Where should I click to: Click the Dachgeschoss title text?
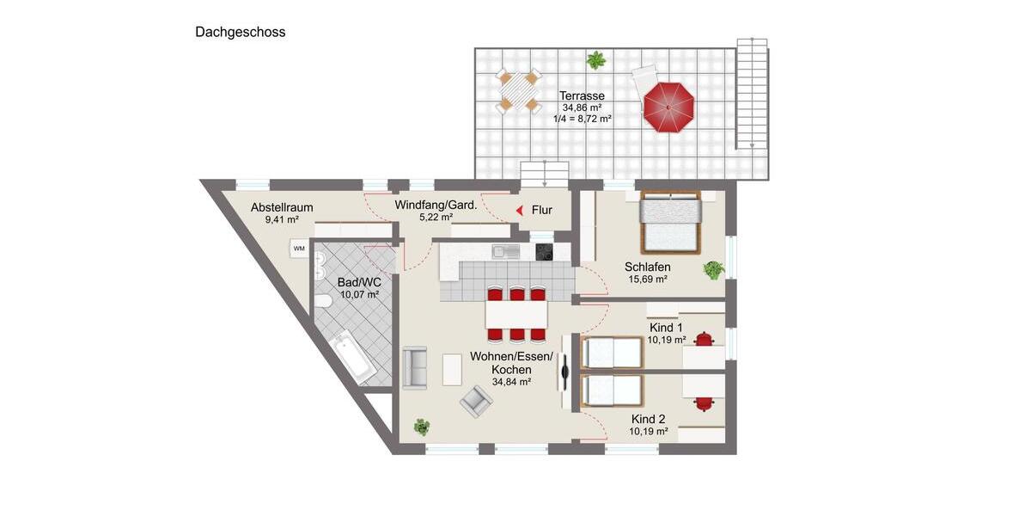240,33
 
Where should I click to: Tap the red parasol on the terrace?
668,107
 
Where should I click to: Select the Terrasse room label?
582,95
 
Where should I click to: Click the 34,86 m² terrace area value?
582,107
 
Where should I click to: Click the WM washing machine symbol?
299,249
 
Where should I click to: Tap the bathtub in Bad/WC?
352,356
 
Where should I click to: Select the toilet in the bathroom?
323,302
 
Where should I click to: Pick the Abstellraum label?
282,207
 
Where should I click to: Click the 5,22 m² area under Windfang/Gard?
436,218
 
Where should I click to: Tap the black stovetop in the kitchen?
545,251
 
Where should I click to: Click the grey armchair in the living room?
475,399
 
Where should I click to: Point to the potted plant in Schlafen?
713,270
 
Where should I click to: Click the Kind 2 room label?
648,419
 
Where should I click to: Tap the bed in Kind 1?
612,352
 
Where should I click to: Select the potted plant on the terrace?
595,60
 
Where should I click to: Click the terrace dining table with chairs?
519,90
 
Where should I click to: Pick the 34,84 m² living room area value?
511,382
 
